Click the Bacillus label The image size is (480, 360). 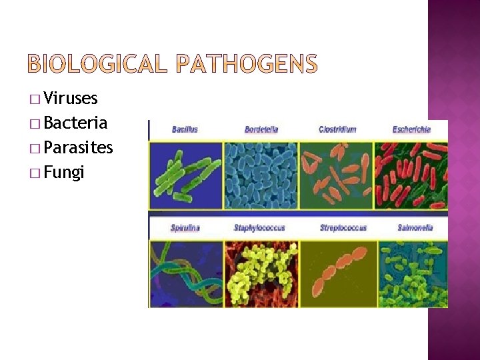[185, 129]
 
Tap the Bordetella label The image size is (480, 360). [261, 129]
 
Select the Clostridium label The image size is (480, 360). [337, 129]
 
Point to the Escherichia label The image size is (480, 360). [411, 129]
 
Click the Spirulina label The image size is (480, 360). [185, 228]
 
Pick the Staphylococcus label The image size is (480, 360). [259, 228]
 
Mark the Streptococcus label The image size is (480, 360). [343, 228]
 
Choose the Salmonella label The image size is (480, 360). [415, 228]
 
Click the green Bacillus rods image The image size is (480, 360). [185, 175]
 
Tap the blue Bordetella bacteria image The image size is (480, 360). [261, 175]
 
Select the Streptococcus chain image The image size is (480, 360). [338, 273]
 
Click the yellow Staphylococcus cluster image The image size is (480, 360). [261, 273]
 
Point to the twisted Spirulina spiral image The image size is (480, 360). [185, 273]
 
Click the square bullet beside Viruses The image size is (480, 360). [34, 100]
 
